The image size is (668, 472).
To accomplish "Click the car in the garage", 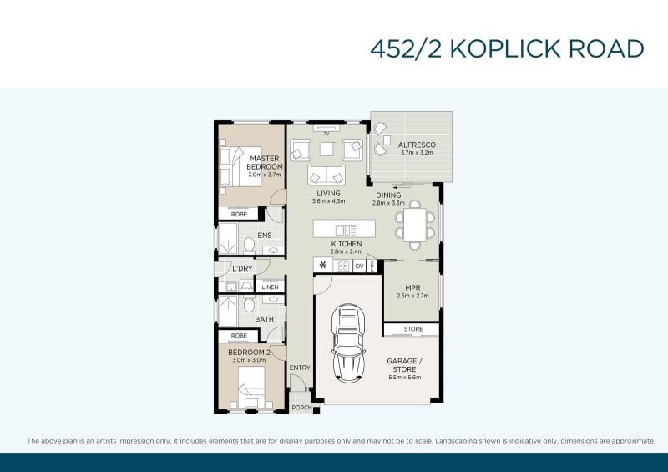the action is click(x=348, y=343).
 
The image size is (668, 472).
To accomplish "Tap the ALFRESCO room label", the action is click(x=417, y=145).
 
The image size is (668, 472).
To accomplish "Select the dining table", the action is click(x=415, y=225).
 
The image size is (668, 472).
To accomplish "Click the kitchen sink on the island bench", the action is click(x=347, y=231).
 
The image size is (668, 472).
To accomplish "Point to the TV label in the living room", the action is click(x=326, y=134).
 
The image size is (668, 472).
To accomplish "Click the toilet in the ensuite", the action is click(x=249, y=245).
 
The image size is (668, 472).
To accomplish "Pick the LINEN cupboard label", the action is click(x=270, y=287).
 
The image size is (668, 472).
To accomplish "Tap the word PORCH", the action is click(x=301, y=408).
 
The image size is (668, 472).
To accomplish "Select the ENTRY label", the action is click(x=300, y=368).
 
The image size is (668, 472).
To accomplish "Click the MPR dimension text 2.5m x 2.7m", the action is click(x=412, y=296).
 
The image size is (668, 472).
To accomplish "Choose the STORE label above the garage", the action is click(x=413, y=329).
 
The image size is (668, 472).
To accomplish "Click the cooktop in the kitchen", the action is click(x=343, y=266).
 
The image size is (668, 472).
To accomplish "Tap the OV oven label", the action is click(x=359, y=266).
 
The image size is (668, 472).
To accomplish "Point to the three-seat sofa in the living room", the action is click(x=326, y=175).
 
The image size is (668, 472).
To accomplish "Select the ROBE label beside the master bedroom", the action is click(x=239, y=214).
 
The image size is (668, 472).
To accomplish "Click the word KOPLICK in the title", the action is click(x=504, y=48).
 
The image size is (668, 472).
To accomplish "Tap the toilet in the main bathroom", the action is click(x=249, y=305).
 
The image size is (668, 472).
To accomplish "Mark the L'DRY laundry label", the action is click(x=242, y=269).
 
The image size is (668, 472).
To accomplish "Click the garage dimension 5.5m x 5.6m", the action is click(x=405, y=378).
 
